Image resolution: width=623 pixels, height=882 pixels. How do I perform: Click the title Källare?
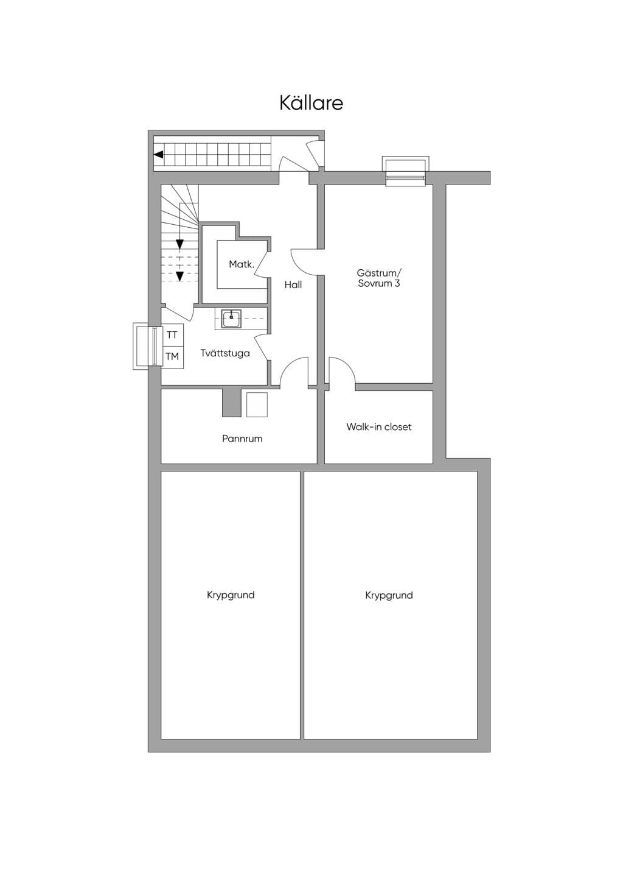click(311, 102)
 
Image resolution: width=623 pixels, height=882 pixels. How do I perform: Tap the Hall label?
click(293, 284)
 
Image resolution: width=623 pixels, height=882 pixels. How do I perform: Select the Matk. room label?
click(242, 264)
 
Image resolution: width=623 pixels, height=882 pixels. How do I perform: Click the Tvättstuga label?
click(225, 353)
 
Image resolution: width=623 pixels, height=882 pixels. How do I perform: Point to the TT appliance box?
click(173, 334)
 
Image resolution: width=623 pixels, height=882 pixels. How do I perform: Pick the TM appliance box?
click(173, 357)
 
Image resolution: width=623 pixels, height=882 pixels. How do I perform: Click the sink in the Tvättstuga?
click(232, 318)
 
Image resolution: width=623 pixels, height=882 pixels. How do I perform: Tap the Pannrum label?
click(242, 439)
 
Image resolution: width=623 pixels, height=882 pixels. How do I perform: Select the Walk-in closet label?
click(379, 427)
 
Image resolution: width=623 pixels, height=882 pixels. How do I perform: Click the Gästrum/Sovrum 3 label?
click(379, 278)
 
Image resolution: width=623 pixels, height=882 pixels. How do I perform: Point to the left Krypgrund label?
click(231, 594)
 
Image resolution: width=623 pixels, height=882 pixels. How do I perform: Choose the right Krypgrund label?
click(389, 595)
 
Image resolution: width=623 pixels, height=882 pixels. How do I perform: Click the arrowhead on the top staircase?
click(159, 155)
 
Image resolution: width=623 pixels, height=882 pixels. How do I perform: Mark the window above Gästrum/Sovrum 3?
click(406, 172)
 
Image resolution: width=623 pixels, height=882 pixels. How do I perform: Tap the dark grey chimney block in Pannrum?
click(231, 403)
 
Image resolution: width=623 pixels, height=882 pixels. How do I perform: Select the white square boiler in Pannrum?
click(257, 404)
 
